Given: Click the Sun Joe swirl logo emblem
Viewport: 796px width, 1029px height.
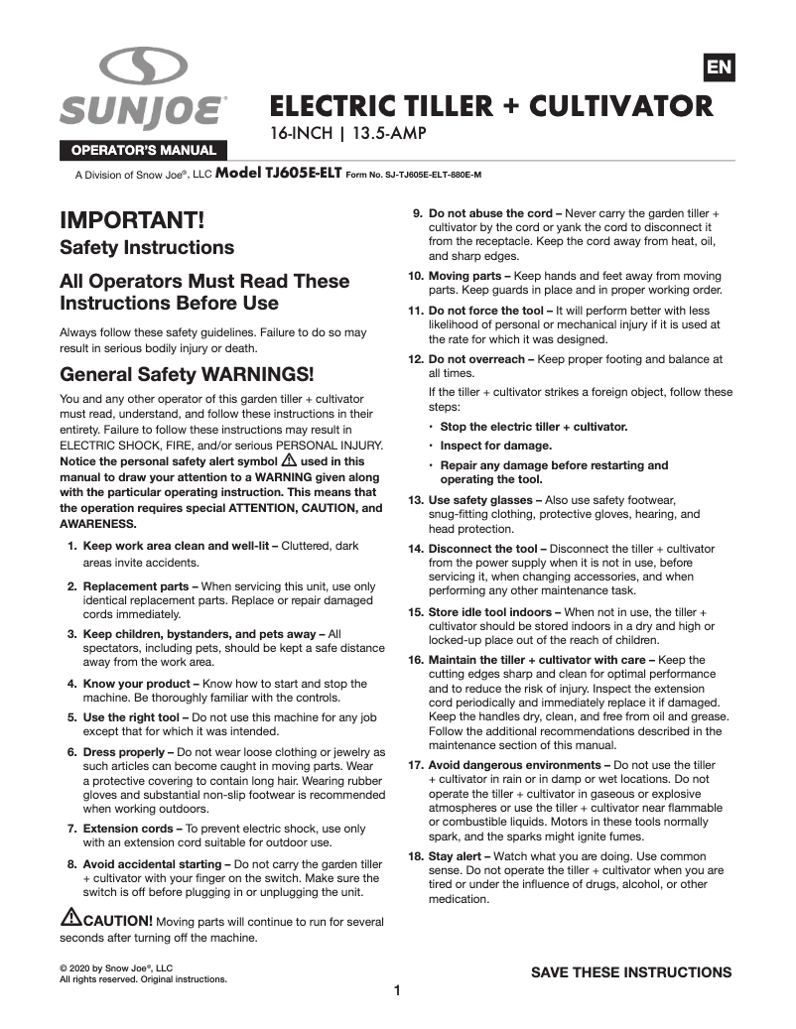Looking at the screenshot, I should coord(143,67).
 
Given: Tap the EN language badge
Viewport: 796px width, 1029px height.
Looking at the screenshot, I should coord(718,66).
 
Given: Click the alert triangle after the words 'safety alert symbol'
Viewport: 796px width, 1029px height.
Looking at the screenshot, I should coord(289,460).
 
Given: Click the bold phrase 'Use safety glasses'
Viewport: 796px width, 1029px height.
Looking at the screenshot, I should coord(482,499).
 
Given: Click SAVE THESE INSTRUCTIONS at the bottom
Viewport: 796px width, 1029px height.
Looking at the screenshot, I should coord(631,971).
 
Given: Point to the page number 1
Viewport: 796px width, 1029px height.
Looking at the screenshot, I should coord(397,990).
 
